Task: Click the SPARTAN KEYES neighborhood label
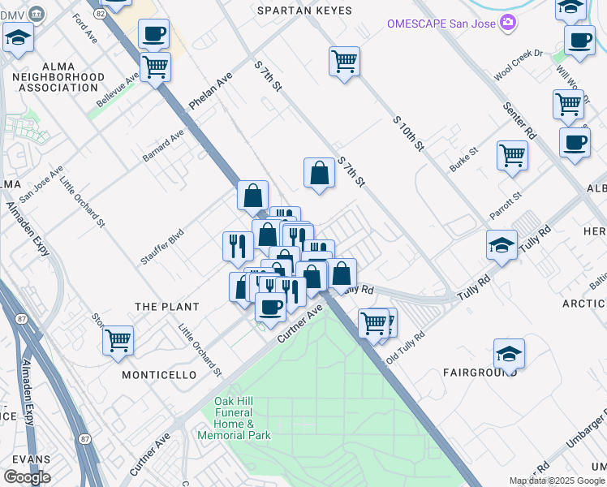[304, 11]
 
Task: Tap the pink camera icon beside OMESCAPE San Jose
[508, 22]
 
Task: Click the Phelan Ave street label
[211, 91]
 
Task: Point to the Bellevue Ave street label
[113, 96]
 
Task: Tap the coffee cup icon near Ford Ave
[153, 35]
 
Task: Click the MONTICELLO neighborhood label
[159, 375]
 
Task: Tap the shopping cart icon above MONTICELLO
[118, 340]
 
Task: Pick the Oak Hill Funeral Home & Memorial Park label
[235, 419]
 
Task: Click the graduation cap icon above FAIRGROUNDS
[509, 354]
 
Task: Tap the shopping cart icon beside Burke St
[513, 153]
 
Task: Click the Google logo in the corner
[27, 477]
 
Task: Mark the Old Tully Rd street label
[406, 345]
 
